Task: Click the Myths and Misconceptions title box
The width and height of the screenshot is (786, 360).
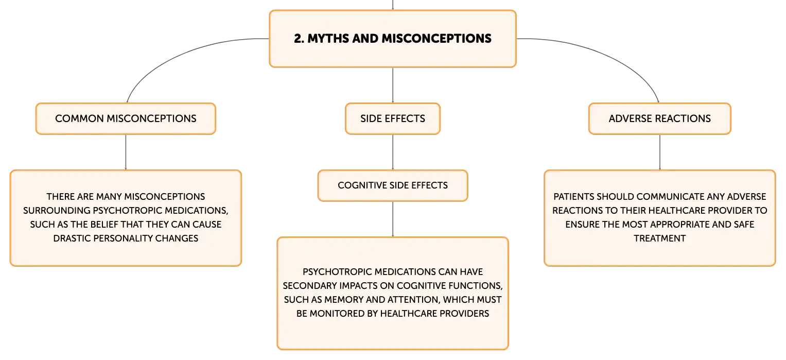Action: (393, 39)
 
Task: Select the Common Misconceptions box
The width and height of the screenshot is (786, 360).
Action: (126, 118)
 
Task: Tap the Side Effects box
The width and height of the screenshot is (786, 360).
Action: (393, 118)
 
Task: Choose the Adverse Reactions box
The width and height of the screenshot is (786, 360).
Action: (660, 118)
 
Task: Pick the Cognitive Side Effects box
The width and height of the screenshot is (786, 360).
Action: (393, 185)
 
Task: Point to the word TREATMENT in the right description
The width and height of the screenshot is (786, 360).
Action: (660, 238)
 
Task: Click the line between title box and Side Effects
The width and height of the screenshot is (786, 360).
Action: (393, 85)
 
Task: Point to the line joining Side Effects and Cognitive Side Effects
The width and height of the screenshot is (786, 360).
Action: (393, 152)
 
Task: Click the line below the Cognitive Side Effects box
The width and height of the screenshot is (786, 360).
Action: (393, 219)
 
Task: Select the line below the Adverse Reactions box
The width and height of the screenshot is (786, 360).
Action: (660, 152)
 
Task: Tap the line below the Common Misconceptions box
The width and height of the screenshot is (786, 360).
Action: (126, 152)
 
